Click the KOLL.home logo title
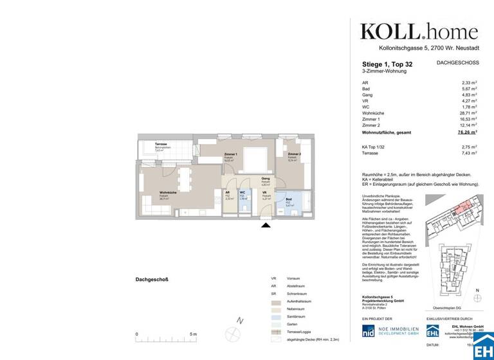(x=419, y=32)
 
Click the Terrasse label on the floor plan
(x=161, y=144)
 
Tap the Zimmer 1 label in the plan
(x=230, y=154)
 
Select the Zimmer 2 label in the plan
(x=295, y=154)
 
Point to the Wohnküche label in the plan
(x=169, y=192)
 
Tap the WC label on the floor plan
(x=243, y=192)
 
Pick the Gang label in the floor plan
(x=265, y=179)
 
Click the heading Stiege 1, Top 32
(x=388, y=64)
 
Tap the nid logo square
(x=369, y=331)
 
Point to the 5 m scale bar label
(x=194, y=335)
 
